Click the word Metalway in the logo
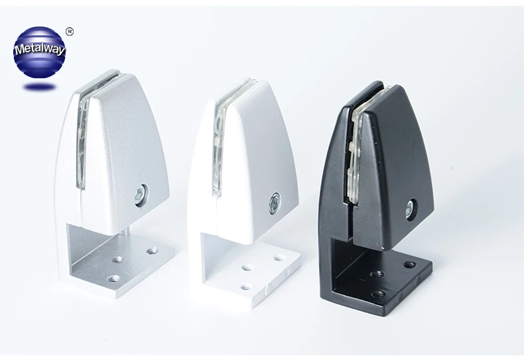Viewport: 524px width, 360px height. click(x=40, y=48)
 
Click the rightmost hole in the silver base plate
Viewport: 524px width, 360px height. click(x=153, y=250)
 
